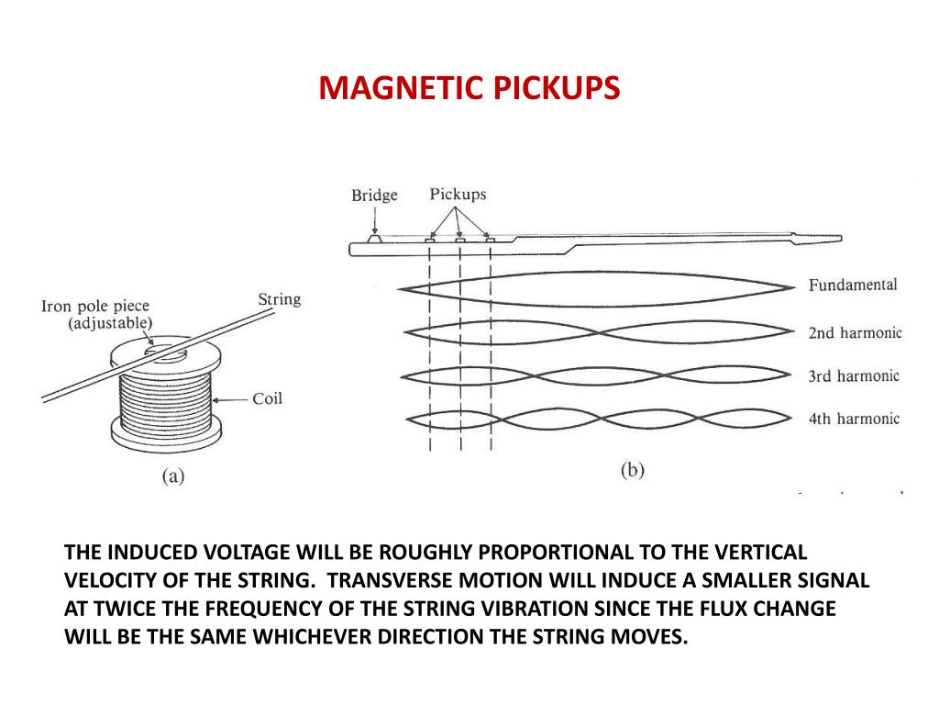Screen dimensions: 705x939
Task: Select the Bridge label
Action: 374,196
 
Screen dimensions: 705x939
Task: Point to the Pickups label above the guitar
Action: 458,195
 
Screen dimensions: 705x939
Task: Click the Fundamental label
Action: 852,285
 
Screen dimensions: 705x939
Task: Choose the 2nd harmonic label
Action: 855,332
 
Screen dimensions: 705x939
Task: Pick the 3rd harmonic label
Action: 854,375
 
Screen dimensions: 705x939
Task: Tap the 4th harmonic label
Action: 854,419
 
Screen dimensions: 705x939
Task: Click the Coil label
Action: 268,398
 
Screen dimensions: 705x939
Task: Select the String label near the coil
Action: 279,300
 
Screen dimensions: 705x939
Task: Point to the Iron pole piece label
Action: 95,307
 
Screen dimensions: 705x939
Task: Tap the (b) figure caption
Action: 632,471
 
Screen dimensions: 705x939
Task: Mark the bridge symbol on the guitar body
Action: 374,238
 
